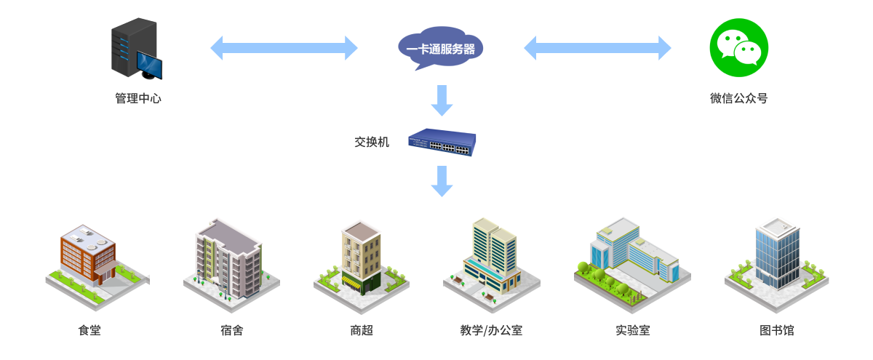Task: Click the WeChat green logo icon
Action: [738, 47]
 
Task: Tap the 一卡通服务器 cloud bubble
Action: [441, 49]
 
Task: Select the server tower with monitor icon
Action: [136, 49]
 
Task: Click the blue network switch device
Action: [442, 142]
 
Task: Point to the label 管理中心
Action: [138, 98]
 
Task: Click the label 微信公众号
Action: [738, 98]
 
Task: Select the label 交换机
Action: [372, 142]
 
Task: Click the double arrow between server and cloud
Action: [284, 48]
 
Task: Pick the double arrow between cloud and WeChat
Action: [597, 48]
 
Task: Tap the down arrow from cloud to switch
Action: [442, 100]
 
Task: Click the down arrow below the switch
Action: [442, 180]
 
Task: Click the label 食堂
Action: [89, 330]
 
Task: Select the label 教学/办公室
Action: [491, 330]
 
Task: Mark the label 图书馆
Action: [777, 330]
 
